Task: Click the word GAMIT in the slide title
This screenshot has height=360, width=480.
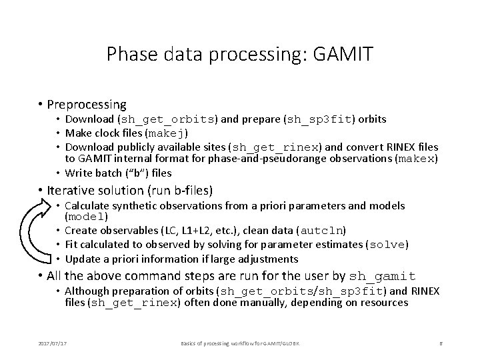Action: pos(343,54)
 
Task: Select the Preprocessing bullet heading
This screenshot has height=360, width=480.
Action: pos(87,105)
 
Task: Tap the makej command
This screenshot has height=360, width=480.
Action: pos(166,133)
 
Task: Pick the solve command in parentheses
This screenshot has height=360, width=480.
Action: pos(387,245)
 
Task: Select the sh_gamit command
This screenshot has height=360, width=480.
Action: pos(382,277)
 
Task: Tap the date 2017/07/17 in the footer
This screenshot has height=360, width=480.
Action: pos(53,343)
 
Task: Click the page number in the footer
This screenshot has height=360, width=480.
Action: pos(441,343)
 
